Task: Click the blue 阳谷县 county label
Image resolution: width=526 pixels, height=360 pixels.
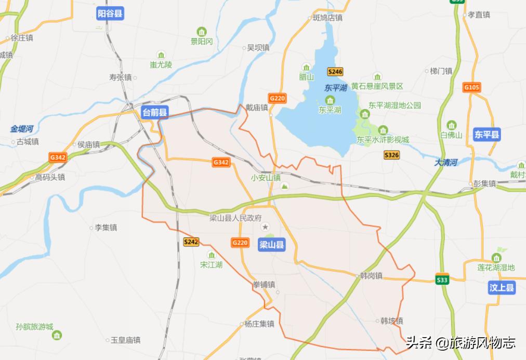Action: [x=110, y=14]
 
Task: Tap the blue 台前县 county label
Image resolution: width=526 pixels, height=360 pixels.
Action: [x=155, y=112]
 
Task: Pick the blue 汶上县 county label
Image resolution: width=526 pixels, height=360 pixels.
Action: [x=502, y=288]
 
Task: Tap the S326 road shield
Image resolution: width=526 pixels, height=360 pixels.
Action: [x=391, y=155]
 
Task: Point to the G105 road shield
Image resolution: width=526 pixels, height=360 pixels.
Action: [x=472, y=87]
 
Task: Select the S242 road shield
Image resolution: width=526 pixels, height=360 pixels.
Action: [x=191, y=242]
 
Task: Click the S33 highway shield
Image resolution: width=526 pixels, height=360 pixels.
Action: [x=442, y=280]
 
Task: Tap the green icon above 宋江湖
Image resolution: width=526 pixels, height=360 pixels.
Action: [x=212, y=255]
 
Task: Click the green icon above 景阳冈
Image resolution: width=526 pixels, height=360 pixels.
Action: [x=202, y=31]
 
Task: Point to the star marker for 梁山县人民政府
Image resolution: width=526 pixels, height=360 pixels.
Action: [x=266, y=227]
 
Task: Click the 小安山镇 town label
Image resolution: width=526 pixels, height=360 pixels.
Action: [x=265, y=177]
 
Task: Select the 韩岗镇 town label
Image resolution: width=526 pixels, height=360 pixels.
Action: [x=371, y=275]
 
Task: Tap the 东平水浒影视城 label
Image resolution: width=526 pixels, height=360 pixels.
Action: [x=383, y=140]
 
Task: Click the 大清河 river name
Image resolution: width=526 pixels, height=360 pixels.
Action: [x=445, y=163]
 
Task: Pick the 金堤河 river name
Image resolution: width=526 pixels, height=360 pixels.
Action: [x=22, y=128]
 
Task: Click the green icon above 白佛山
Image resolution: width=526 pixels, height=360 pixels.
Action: [x=451, y=125]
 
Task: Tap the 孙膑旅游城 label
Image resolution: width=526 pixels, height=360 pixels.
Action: [x=35, y=327]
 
